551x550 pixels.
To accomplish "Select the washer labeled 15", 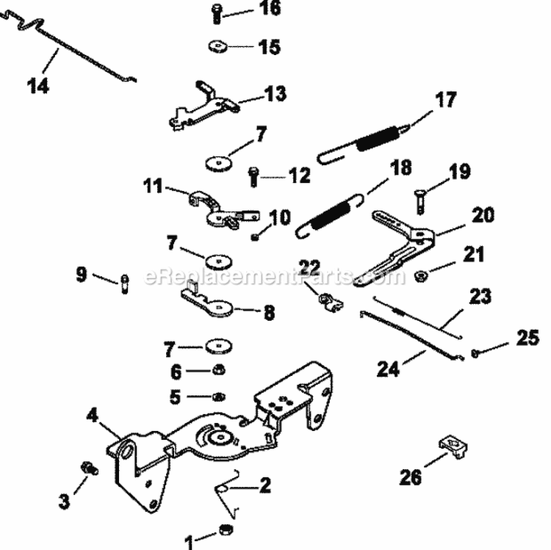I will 217,46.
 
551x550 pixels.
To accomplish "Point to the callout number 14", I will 38,86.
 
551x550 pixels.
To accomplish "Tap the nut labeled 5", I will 218,397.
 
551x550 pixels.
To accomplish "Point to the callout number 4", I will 93,416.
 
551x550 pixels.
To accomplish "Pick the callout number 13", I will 255,94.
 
